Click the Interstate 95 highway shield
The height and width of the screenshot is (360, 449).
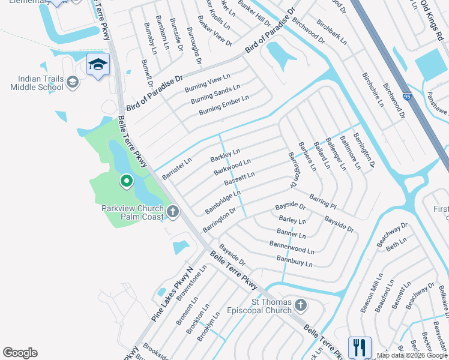click(408, 97)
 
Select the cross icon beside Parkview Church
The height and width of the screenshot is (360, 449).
click(173, 211)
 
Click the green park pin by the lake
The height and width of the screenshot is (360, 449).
click(126, 180)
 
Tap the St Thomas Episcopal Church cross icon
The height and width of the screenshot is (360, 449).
click(300, 307)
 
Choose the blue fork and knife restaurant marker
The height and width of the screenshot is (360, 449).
click(360, 347)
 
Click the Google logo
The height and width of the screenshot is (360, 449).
click(20, 353)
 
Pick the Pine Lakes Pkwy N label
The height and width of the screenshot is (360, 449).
click(170, 294)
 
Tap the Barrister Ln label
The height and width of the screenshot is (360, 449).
click(177, 169)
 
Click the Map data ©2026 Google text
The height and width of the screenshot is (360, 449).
click(412, 355)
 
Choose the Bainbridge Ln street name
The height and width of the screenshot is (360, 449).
click(223, 202)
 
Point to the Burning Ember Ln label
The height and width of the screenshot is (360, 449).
click(224, 105)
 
